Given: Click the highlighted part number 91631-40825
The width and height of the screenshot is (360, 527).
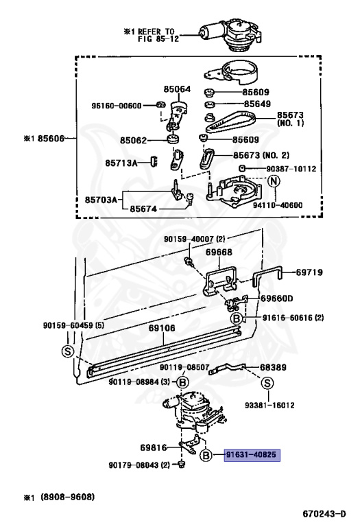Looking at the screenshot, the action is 252,455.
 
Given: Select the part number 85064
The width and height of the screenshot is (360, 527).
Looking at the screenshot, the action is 177,89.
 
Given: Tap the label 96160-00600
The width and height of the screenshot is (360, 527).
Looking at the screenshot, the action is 117,106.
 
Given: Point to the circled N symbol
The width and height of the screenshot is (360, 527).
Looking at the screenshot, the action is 274,181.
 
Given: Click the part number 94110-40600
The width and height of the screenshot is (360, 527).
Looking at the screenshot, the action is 278,205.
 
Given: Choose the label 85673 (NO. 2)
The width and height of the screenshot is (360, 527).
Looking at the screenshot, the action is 261,155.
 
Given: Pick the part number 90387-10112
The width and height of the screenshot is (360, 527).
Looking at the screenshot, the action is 291,168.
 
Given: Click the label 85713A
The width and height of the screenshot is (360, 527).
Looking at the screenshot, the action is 121,163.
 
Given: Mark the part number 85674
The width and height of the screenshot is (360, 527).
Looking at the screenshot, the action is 143,209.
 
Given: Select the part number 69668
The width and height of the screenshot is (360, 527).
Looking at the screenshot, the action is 219,252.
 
